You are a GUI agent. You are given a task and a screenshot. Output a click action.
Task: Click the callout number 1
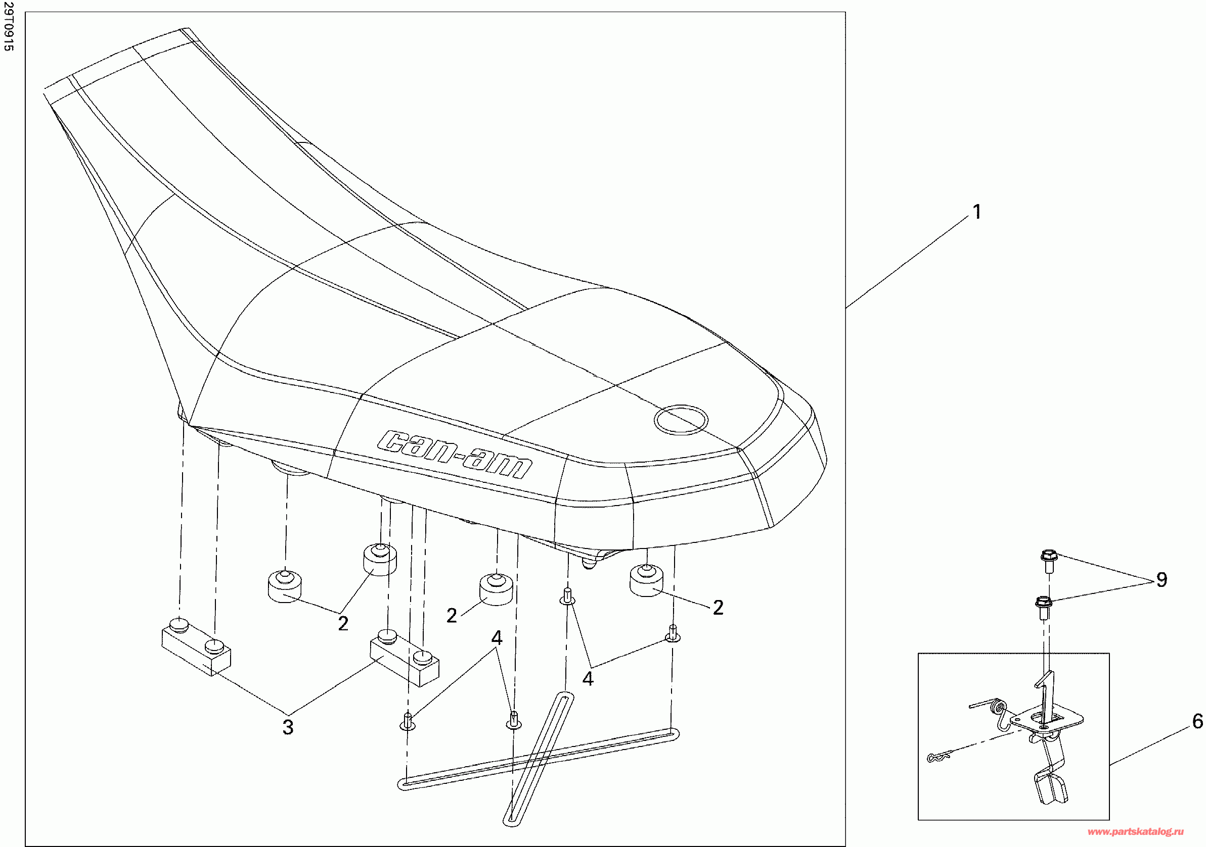(x=976, y=213)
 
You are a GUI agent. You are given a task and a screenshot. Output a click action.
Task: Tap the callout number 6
(x=1197, y=722)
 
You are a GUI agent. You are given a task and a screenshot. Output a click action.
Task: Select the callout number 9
(x=1162, y=580)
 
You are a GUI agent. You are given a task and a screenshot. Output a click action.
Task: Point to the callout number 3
(x=287, y=727)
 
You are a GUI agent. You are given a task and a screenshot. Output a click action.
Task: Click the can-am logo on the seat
(x=455, y=455)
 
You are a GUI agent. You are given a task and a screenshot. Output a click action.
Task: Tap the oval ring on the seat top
(x=681, y=419)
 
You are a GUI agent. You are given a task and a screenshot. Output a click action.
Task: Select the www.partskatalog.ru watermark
(x=1135, y=832)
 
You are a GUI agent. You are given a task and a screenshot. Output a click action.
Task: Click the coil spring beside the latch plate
(x=996, y=709)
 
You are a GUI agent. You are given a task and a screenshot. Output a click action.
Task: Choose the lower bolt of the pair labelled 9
(x=1043, y=608)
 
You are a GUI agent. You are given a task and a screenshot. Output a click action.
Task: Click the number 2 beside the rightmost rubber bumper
(x=718, y=608)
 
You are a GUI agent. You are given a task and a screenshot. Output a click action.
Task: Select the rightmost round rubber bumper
(x=646, y=579)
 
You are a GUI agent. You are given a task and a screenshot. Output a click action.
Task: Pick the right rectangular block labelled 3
(x=405, y=660)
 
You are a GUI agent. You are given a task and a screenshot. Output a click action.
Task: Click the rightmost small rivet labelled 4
(x=673, y=633)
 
